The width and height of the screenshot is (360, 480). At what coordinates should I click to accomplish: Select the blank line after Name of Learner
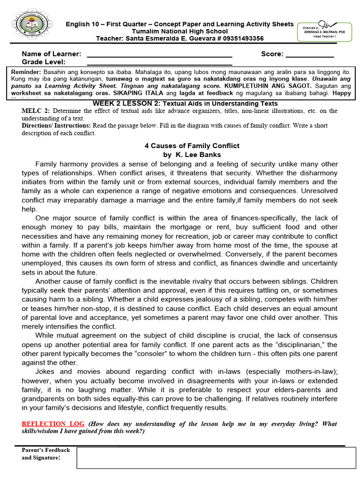coord(159,55)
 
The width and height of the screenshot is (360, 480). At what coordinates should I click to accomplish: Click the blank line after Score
coord(310,55)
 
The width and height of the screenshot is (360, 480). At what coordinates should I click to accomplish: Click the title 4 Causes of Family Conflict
coord(192,146)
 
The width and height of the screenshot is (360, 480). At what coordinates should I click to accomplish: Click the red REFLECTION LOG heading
coord(53,424)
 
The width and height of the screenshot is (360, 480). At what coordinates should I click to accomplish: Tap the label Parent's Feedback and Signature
coord(45,454)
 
